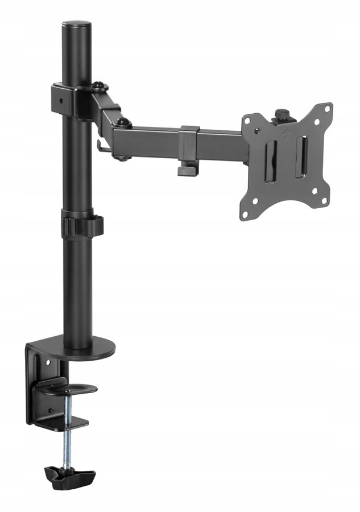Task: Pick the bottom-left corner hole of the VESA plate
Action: pos(246,214)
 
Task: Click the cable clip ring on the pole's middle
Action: pos(82,224)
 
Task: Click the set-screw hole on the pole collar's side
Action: pos(61,101)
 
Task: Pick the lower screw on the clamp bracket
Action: pos(51,409)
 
